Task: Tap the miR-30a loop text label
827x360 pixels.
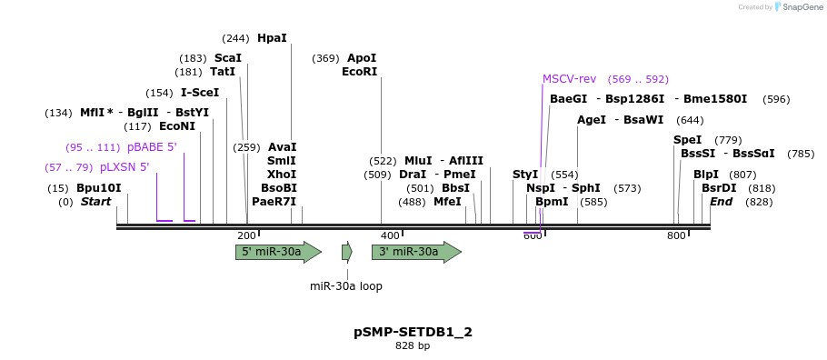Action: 346,285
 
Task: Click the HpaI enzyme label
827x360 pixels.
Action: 272,38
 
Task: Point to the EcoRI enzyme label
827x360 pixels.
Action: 359,72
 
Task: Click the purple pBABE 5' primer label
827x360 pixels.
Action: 152,146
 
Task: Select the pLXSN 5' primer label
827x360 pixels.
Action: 125,167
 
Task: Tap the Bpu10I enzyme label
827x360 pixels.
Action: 98,188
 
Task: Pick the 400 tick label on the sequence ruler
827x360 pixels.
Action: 390,235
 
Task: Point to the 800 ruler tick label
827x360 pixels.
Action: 676,235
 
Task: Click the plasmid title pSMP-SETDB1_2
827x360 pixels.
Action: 413,332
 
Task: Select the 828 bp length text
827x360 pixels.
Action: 413,346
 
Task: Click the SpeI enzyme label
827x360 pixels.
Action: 687,139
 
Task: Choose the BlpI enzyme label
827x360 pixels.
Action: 706,174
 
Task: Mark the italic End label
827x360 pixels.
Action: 721,202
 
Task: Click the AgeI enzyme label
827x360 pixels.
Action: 592,119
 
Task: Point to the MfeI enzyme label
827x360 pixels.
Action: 447,202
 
